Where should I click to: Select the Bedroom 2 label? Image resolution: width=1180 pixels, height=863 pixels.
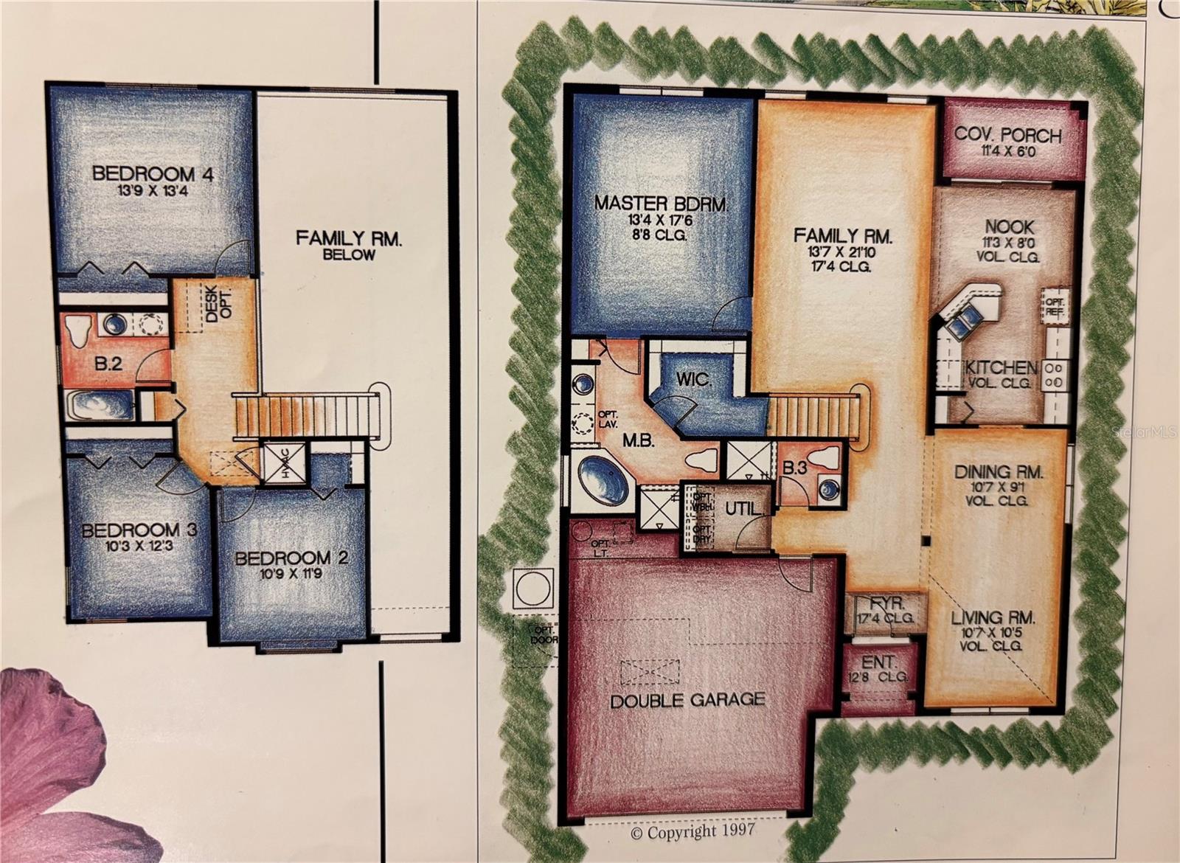tap(291, 558)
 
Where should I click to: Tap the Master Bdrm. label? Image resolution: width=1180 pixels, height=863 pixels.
tap(661, 203)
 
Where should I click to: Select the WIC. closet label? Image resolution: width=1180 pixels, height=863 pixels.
tap(694, 381)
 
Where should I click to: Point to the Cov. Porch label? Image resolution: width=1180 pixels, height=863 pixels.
tap(1007, 136)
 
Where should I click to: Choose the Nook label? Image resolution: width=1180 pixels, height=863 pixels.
tap(1009, 227)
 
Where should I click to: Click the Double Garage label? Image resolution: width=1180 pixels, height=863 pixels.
tap(687, 699)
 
